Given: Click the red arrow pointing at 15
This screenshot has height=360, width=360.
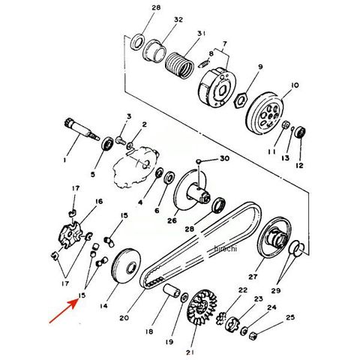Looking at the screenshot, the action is (64, 311).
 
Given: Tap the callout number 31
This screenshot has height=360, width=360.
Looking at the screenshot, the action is (201, 33).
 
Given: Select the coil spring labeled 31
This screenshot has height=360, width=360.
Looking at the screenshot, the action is (179, 65).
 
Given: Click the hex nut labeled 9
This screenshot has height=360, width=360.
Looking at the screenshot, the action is (241, 101).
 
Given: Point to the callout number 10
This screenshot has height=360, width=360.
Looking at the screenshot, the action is (295, 85).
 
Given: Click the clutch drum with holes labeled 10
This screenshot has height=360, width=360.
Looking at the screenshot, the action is (265, 114).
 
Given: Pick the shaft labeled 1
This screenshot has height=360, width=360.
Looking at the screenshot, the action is (81, 130).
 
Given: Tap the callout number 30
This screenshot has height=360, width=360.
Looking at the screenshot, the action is (224, 158).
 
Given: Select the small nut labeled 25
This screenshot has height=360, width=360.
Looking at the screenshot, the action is (253, 335).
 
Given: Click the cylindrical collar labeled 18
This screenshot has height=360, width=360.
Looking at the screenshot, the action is (172, 291).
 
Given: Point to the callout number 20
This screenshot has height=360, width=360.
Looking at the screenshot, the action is (124, 318).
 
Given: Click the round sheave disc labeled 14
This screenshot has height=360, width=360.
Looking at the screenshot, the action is (126, 265).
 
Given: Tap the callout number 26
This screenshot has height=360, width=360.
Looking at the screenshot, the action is (172, 220).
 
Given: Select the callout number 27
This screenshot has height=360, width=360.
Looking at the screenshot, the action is (253, 277).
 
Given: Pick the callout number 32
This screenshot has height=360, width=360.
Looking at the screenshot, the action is (178, 19).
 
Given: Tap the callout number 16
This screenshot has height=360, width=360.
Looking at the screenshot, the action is (99, 201).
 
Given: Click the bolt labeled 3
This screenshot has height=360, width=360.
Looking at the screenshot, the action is (121, 139).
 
